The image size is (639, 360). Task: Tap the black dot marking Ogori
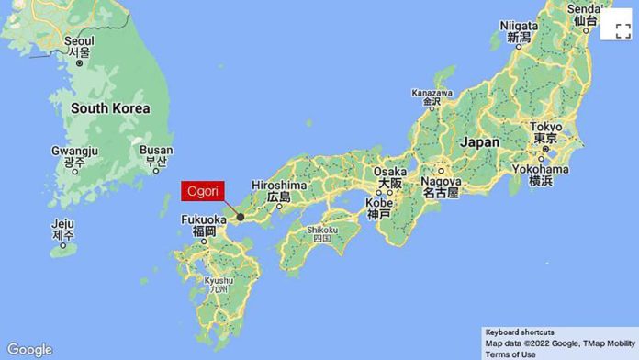pyautogui.click(x=241, y=218)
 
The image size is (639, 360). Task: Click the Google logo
pyautogui.click(x=28, y=349)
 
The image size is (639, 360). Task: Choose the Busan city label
pyautogui.click(x=156, y=150)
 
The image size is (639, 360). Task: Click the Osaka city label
pyautogui.click(x=389, y=172)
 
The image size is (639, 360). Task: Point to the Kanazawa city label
pyautogui.click(x=432, y=93)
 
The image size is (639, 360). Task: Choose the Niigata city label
pyautogui.click(x=519, y=25)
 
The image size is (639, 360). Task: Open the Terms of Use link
pyautogui.click(x=510, y=354)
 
